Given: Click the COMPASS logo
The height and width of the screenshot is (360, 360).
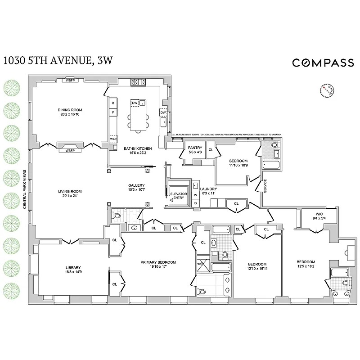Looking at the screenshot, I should [323, 63].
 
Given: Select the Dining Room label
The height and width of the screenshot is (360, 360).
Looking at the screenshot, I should [70, 110].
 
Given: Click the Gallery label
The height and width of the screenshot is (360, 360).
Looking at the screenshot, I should [136, 185].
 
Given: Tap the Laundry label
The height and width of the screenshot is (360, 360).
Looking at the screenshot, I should [208, 189].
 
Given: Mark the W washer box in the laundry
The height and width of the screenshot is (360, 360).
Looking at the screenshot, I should [195, 195].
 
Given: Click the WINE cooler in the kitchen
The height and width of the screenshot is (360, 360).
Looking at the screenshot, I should [113, 139].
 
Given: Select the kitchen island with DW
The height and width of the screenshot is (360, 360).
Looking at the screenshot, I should [138, 115].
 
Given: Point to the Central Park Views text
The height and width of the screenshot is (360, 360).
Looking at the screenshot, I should [24, 189].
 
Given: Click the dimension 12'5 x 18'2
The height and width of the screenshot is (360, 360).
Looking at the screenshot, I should [306, 266].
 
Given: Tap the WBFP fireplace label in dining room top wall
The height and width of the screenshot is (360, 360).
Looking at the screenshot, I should [70, 80].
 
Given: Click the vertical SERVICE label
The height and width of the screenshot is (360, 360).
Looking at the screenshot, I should [265, 187].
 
